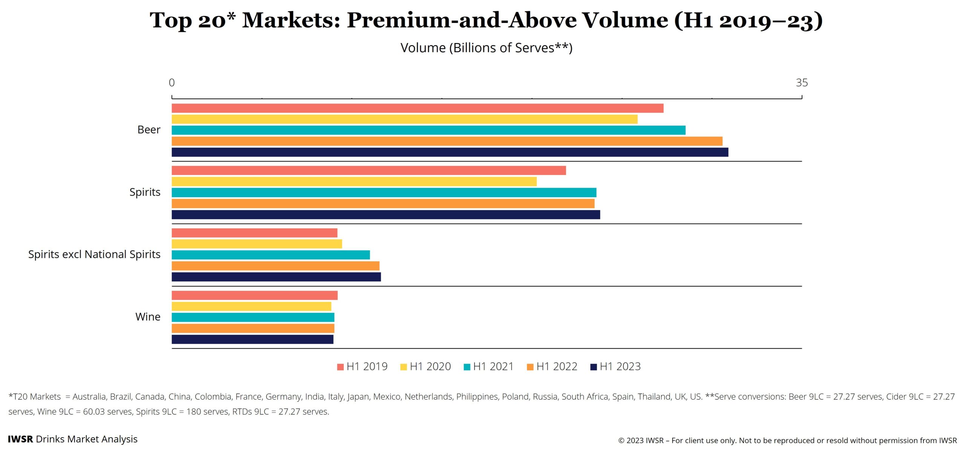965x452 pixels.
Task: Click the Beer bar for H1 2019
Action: pyautogui.click(x=417, y=108)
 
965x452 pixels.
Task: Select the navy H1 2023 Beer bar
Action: pyautogui.click(x=450, y=152)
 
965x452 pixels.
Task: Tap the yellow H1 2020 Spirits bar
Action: pyautogui.click(x=354, y=182)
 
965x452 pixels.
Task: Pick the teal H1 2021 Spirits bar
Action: pyautogui.click(x=384, y=193)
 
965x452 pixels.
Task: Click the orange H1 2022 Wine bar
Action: pyautogui.click(x=253, y=328)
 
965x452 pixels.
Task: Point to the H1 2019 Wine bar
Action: pyautogui.click(x=254, y=295)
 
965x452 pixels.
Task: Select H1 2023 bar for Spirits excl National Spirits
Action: pyautogui.click(x=276, y=277)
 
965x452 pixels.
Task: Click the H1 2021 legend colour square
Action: pyautogui.click(x=467, y=367)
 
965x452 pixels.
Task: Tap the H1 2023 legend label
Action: pyautogui.click(x=620, y=366)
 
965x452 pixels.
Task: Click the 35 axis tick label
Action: pyautogui.click(x=801, y=83)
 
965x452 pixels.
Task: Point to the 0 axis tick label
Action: pyautogui.click(x=172, y=83)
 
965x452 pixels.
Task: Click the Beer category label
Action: pyautogui.click(x=149, y=130)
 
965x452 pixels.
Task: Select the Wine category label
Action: pyautogui.click(x=148, y=317)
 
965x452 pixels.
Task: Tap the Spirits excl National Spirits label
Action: pyautogui.click(x=94, y=254)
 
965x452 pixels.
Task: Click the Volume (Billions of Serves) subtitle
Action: pyautogui.click(x=486, y=48)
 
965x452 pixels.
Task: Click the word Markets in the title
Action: pyautogui.click(x=291, y=20)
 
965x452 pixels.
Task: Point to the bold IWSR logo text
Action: pyautogui.click(x=20, y=439)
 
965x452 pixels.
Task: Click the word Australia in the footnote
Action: pyautogui.click(x=89, y=397)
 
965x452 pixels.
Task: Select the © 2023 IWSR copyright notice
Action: pyautogui.click(x=787, y=440)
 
